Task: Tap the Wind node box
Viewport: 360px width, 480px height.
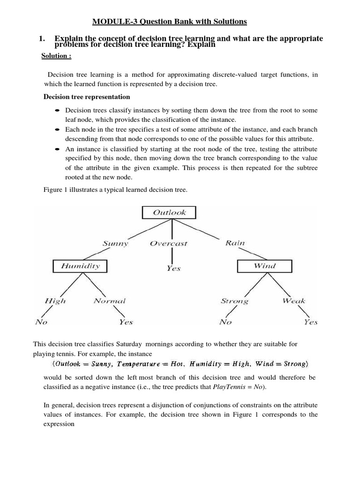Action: [x=264, y=266]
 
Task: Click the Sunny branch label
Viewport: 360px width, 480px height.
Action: [x=115, y=243]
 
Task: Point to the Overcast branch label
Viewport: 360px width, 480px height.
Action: [x=168, y=243]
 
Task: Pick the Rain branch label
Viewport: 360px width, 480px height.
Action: [x=235, y=243]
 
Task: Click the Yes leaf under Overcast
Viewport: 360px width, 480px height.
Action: [x=173, y=268]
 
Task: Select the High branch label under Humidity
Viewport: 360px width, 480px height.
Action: [x=55, y=301]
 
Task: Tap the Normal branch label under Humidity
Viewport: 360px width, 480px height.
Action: [x=109, y=301]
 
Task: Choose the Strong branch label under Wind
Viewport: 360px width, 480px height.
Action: [x=234, y=301]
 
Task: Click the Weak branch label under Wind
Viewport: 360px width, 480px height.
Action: [x=294, y=301]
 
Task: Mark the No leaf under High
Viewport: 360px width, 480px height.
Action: [x=41, y=322]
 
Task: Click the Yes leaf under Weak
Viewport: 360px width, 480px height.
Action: [x=310, y=322]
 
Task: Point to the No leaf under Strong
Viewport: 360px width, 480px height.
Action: [x=225, y=322]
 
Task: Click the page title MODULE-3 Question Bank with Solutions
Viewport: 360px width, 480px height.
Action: [x=169, y=22]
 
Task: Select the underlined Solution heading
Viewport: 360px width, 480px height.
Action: [x=56, y=56]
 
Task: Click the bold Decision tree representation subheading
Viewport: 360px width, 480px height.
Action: [x=87, y=97]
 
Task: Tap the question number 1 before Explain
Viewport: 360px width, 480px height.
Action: [x=42, y=38]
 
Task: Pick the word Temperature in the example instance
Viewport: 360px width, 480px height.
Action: [x=141, y=364]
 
